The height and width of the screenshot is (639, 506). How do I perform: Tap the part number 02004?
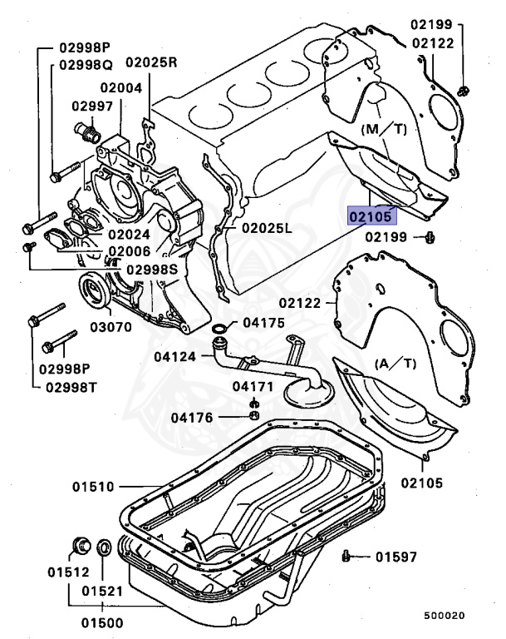pos(122,87)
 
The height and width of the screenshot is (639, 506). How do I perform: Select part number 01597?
pos(395,557)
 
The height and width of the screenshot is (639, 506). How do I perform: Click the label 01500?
pos(101,622)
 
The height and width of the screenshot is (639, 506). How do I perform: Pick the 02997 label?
pos(91,106)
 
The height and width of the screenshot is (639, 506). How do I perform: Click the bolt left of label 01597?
pos(347,555)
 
